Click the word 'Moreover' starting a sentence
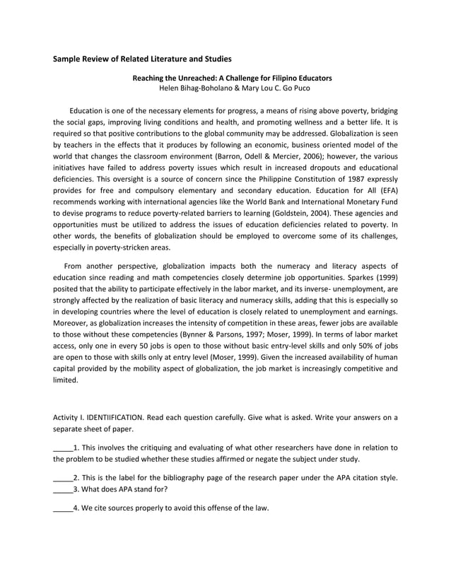[71, 322]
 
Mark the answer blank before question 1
[63, 448]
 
